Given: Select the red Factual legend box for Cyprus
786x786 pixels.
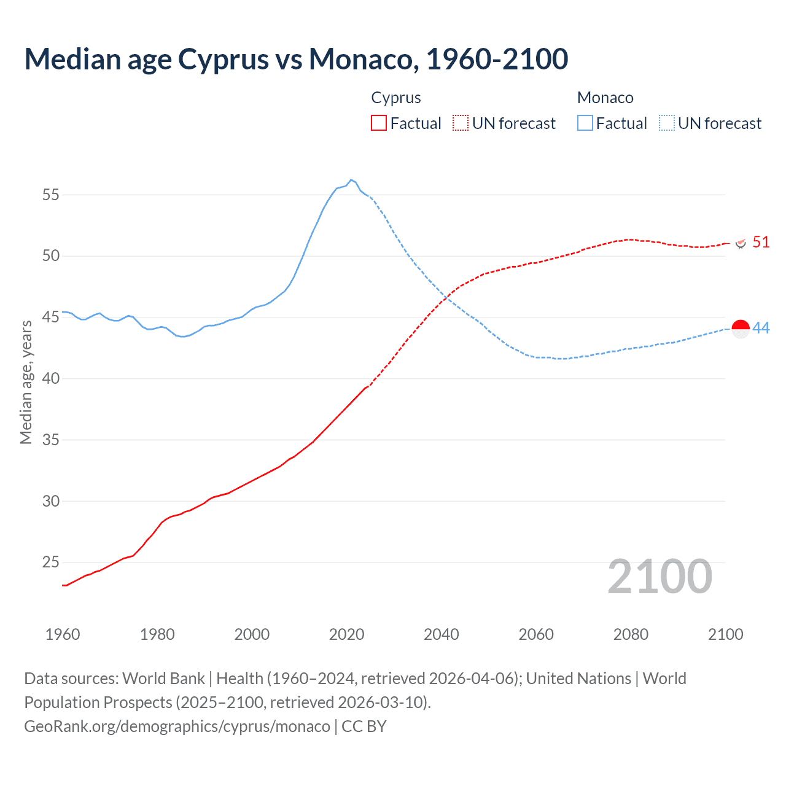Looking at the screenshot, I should pos(379,123).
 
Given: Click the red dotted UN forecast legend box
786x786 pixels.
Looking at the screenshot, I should pos(461,123).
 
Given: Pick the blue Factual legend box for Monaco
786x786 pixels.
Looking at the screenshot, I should pos(585,123).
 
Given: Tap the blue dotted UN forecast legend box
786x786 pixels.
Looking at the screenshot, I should pos(667,123).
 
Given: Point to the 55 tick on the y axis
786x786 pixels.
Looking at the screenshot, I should pos(51,195).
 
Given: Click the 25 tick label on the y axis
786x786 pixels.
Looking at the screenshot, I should pos(51,562).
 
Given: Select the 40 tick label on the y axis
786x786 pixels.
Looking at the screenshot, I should pos(51,379).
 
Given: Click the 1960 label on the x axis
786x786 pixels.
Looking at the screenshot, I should pos(63,634).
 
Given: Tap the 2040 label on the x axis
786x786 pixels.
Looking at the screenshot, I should pos(441,634).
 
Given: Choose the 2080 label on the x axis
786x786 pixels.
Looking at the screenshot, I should pos(631,634).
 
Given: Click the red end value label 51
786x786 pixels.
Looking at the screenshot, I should pos(761,243).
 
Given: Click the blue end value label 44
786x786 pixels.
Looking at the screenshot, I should pos(761,329).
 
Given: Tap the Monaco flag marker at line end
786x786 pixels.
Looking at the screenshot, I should pos(741,329).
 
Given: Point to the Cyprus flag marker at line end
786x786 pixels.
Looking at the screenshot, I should pos(741,243).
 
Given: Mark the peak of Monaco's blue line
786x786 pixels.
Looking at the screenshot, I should pos(351,180).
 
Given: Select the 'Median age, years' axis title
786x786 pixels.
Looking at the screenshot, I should pos(26,382).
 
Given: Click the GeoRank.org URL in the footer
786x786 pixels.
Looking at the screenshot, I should pos(177,726).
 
